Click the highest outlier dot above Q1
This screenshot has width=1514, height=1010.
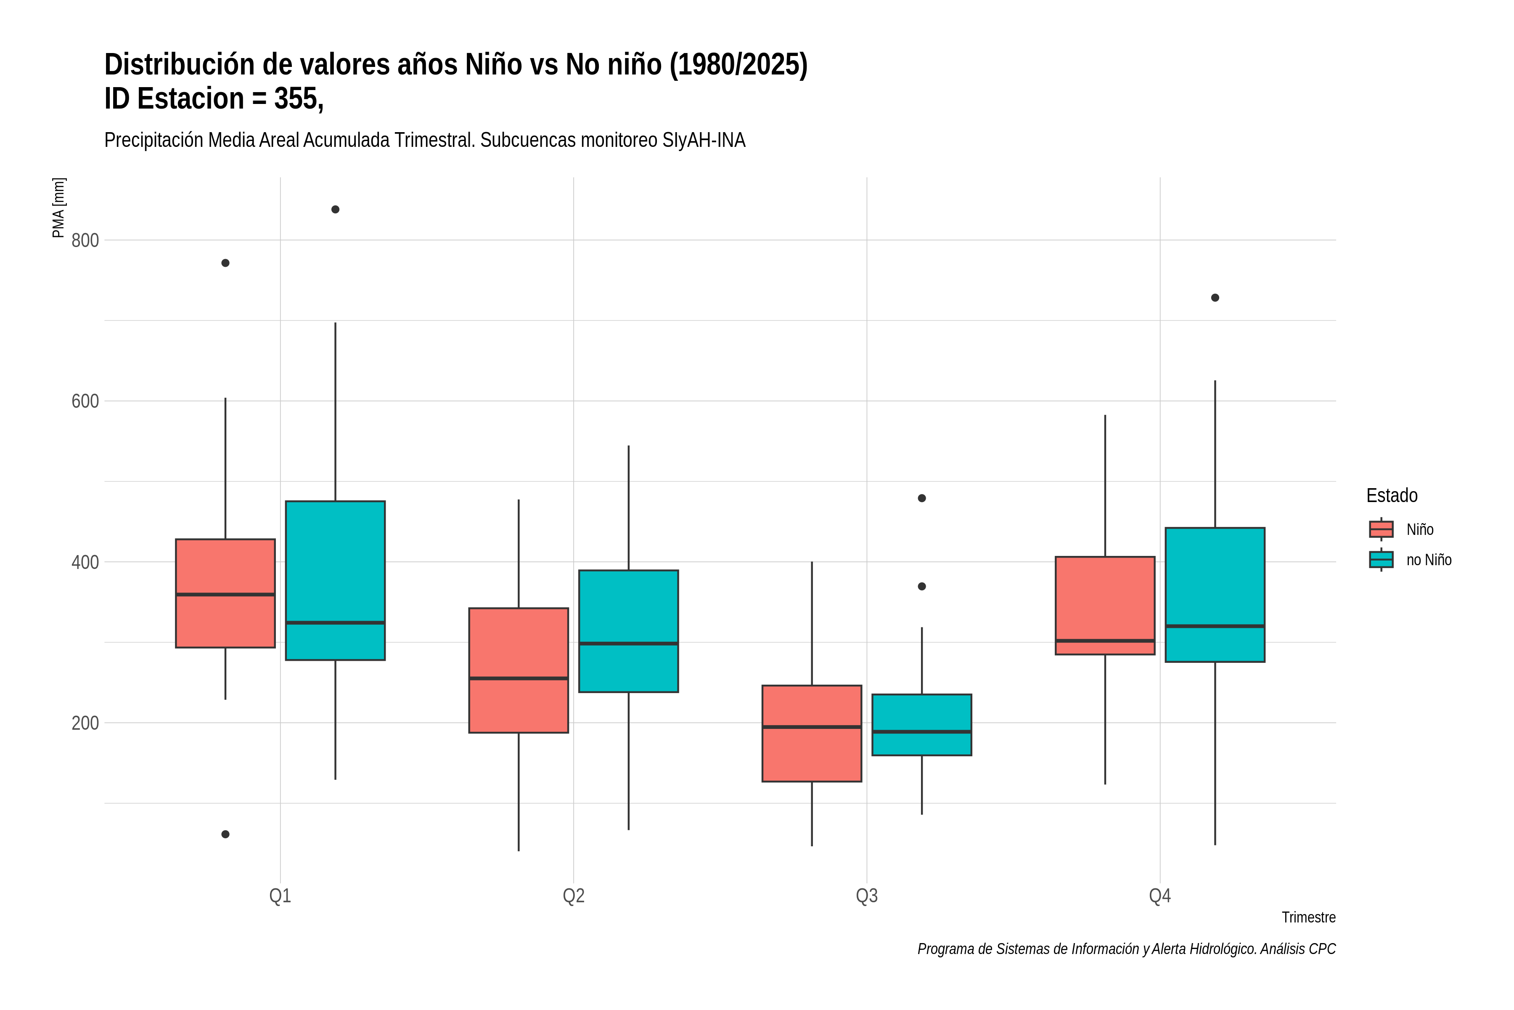[335, 209]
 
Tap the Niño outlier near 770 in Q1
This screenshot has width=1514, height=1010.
[225, 263]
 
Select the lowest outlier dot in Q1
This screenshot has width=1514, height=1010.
[225, 834]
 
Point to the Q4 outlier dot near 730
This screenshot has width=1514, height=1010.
[1215, 298]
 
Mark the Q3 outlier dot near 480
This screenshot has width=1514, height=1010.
[922, 498]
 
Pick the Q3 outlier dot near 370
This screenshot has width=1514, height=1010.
[922, 586]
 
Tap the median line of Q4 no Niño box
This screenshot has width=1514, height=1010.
[1215, 626]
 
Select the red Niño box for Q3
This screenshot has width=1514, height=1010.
[812, 734]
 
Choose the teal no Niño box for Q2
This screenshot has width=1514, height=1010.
[628, 631]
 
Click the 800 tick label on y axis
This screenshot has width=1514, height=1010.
[85, 240]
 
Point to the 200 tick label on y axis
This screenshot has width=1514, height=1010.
[85, 723]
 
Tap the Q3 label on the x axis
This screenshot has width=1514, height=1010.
[866, 896]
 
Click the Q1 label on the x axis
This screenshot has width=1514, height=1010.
[280, 896]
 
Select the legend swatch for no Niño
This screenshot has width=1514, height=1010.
[1381, 560]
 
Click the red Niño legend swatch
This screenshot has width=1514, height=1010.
[1381, 529]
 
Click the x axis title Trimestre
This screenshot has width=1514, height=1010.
[1309, 917]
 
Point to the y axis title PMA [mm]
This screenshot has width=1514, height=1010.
[58, 208]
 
